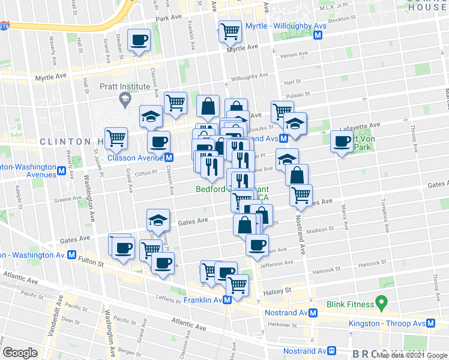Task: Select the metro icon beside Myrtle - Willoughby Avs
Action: [x=319, y=35]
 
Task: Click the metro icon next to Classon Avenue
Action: [x=169, y=158]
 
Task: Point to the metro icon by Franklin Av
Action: [x=228, y=300]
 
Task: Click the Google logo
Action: [x=20, y=352]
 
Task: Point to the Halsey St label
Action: [x=278, y=290]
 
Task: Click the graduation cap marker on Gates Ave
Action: [x=157, y=220]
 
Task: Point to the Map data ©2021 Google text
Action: [x=411, y=355]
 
